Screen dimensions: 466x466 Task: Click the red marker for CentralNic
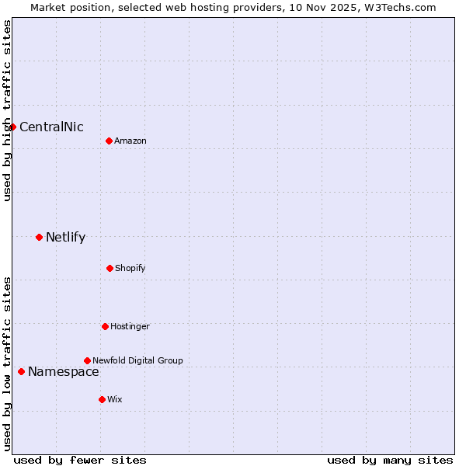(12, 127)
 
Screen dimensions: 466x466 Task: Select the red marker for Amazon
(109, 141)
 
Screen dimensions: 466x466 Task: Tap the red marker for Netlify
(39, 237)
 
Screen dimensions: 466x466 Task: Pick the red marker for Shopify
(110, 268)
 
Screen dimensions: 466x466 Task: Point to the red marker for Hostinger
(105, 326)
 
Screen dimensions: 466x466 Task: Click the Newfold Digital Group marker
(87, 360)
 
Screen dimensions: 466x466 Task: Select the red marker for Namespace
(21, 371)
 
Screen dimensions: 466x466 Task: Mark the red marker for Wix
(102, 399)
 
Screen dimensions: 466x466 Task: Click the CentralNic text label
(51, 127)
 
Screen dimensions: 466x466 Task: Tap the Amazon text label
(130, 141)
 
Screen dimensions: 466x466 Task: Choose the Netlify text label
(65, 238)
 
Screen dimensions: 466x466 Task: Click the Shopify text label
(130, 269)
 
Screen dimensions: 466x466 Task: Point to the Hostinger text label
(130, 327)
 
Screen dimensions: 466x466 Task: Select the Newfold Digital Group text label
(137, 360)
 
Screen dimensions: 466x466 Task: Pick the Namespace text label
(63, 372)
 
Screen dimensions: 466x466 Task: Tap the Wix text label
(114, 399)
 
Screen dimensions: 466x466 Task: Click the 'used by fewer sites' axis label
(80, 460)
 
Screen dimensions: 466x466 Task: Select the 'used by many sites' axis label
(390, 460)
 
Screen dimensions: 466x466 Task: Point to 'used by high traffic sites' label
(7, 111)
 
